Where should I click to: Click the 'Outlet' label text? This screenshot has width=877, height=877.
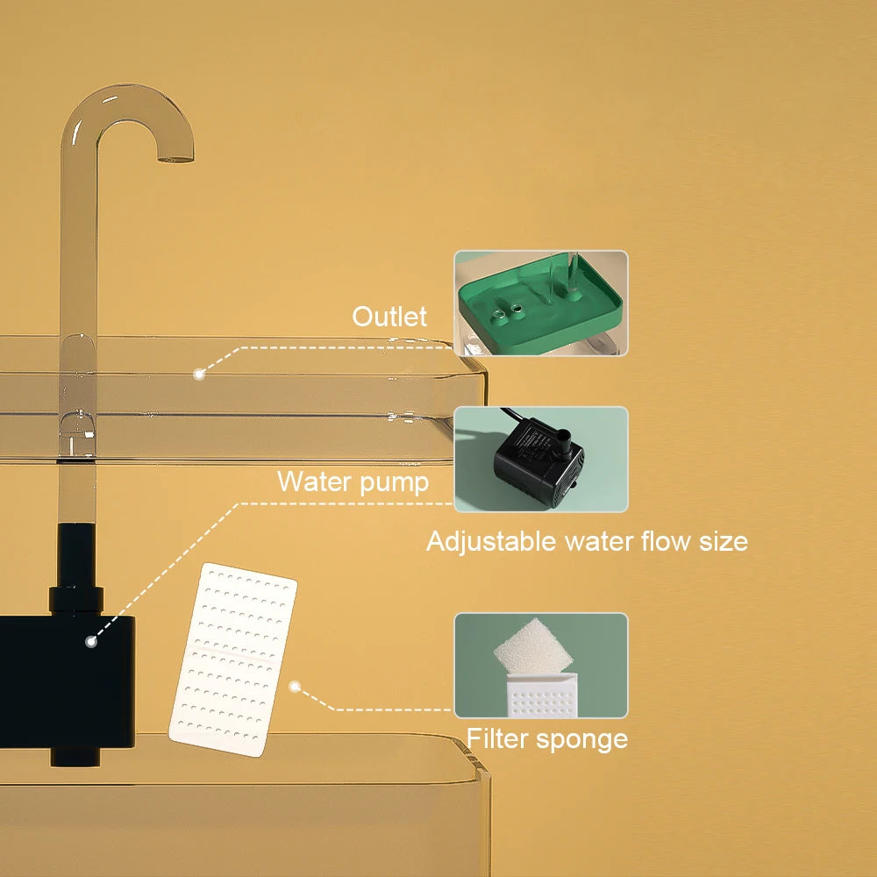[389, 317]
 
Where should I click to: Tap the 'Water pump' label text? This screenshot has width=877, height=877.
[353, 481]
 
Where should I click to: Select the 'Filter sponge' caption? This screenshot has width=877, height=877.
[546, 738]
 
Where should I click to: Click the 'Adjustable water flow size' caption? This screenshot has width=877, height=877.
[587, 541]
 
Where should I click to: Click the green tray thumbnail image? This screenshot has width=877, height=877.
[540, 303]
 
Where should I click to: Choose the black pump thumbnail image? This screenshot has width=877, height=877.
[540, 459]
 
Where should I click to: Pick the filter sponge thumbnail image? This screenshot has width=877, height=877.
[540, 665]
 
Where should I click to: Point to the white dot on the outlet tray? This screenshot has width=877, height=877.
[199, 374]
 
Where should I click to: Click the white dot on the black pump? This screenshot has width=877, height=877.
[90, 641]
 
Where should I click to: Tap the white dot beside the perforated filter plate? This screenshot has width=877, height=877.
[296, 688]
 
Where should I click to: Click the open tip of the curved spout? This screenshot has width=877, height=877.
[176, 158]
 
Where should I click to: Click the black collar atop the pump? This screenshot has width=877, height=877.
[77, 600]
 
